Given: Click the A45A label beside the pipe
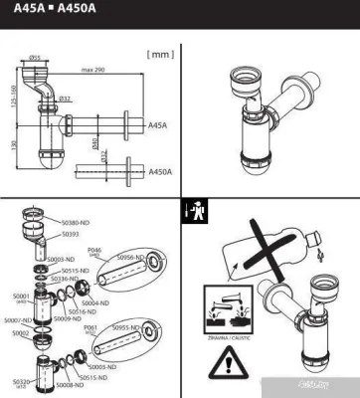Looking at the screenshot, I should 157,126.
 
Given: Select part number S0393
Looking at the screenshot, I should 70,235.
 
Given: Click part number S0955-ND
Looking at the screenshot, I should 127,326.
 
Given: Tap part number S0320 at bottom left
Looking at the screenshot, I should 21,380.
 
